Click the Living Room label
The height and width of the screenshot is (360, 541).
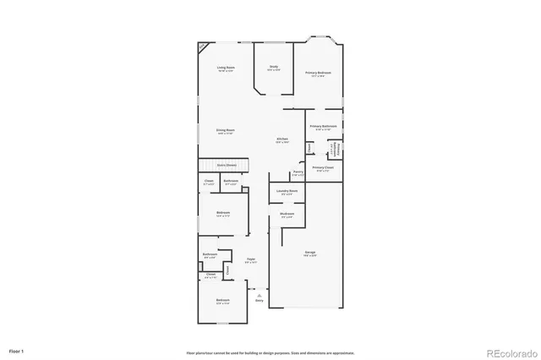(225, 68)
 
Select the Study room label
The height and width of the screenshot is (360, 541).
(274, 68)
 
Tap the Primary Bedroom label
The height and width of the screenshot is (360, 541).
(319, 74)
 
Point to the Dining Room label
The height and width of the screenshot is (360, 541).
(225, 131)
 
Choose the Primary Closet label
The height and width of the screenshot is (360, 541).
(323, 168)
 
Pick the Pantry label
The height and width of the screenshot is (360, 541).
(298, 172)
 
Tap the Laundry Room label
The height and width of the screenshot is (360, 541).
(287, 192)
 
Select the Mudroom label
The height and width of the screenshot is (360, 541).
(287, 215)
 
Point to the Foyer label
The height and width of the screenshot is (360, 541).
(251, 260)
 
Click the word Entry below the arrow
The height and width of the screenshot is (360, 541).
(260, 300)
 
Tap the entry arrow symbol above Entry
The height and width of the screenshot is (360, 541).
(260, 292)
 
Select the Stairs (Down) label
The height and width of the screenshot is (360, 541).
(227, 166)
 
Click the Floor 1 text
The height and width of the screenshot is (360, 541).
(17, 349)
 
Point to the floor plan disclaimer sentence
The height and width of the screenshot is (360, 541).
(270, 352)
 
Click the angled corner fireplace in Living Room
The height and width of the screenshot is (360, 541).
(204, 46)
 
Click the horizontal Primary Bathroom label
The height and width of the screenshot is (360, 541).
(323, 127)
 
